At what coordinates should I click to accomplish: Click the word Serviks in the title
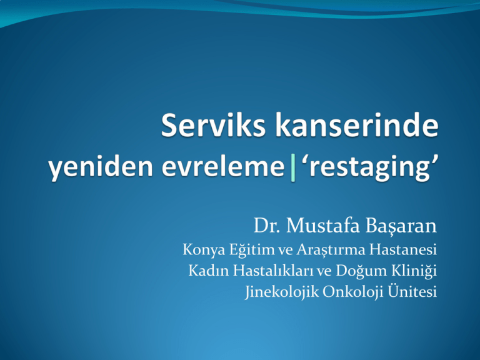pos(213,125)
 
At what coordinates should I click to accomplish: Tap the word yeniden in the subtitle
pos(101,167)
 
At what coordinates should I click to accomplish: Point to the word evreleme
pos(223,167)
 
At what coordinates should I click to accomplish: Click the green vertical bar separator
pos(293,167)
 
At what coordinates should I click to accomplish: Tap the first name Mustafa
pos(323,226)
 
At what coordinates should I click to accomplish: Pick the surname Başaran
pos(401,226)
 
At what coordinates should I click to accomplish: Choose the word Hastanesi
pos(403,249)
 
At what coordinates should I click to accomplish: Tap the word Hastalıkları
pos(273,271)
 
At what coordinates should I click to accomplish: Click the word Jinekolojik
pos(282,292)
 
